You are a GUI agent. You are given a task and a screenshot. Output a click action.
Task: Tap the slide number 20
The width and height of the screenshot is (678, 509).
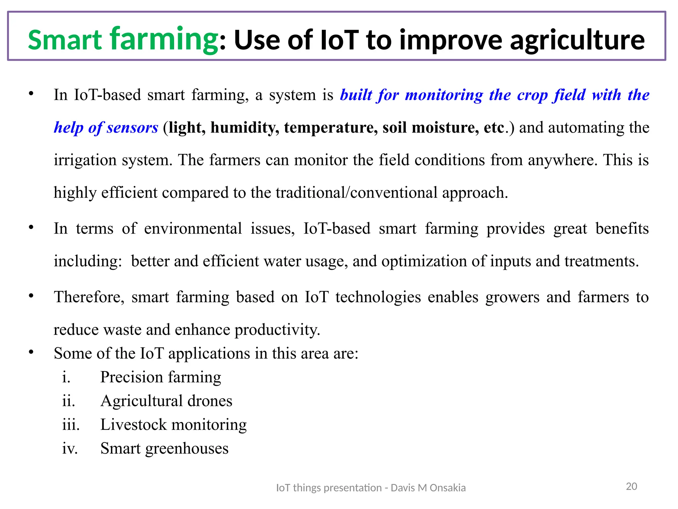click(x=631, y=486)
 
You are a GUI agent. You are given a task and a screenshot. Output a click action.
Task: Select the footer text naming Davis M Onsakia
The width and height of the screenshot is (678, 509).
click(x=371, y=488)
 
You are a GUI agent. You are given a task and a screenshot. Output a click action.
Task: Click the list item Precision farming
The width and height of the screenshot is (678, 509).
click(x=161, y=377)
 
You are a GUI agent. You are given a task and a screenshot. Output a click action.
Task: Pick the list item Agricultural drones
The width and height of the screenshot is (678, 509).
click(x=166, y=401)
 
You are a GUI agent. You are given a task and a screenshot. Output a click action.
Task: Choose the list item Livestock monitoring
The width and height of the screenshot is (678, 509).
click(x=173, y=425)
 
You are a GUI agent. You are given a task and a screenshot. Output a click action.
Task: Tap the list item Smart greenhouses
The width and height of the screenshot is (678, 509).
click(x=164, y=449)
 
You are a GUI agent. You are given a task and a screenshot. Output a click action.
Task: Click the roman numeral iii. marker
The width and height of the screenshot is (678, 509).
click(x=71, y=425)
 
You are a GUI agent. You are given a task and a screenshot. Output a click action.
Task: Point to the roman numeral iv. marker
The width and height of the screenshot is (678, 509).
click(x=70, y=449)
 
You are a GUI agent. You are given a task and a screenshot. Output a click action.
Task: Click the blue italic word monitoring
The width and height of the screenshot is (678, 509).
click(x=444, y=95)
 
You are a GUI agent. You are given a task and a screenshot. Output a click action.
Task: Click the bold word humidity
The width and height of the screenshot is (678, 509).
click(x=245, y=128)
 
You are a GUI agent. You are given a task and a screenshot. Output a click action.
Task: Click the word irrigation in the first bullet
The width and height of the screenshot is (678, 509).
click(x=85, y=160)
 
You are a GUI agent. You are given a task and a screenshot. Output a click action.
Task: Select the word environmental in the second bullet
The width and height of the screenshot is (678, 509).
click(x=193, y=229)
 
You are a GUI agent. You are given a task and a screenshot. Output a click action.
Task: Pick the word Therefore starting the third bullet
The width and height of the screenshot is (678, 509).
click(x=89, y=297)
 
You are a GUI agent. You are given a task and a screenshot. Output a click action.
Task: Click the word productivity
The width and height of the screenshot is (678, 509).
click(x=277, y=330)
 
